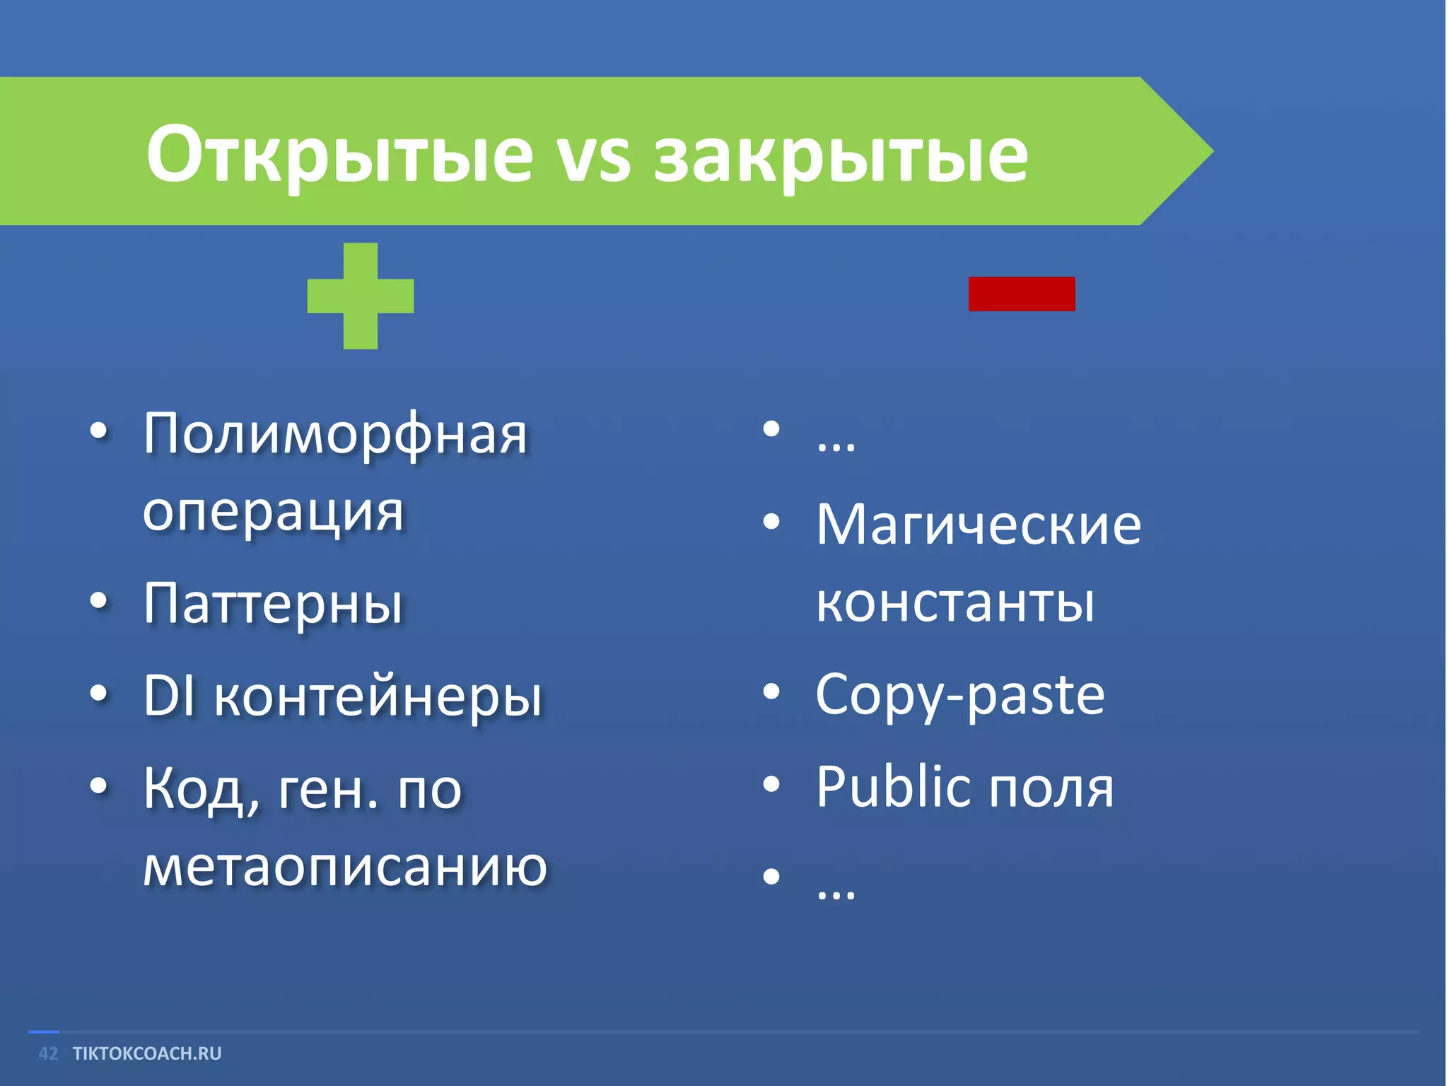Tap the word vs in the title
point(592,157)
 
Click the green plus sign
point(360,296)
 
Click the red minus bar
point(1021,293)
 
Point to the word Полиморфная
point(335,435)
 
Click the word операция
point(273,513)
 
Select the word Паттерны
point(273,605)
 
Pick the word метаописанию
point(345,868)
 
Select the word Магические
point(979,525)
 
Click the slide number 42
point(48,1053)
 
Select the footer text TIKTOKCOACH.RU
point(147,1053)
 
